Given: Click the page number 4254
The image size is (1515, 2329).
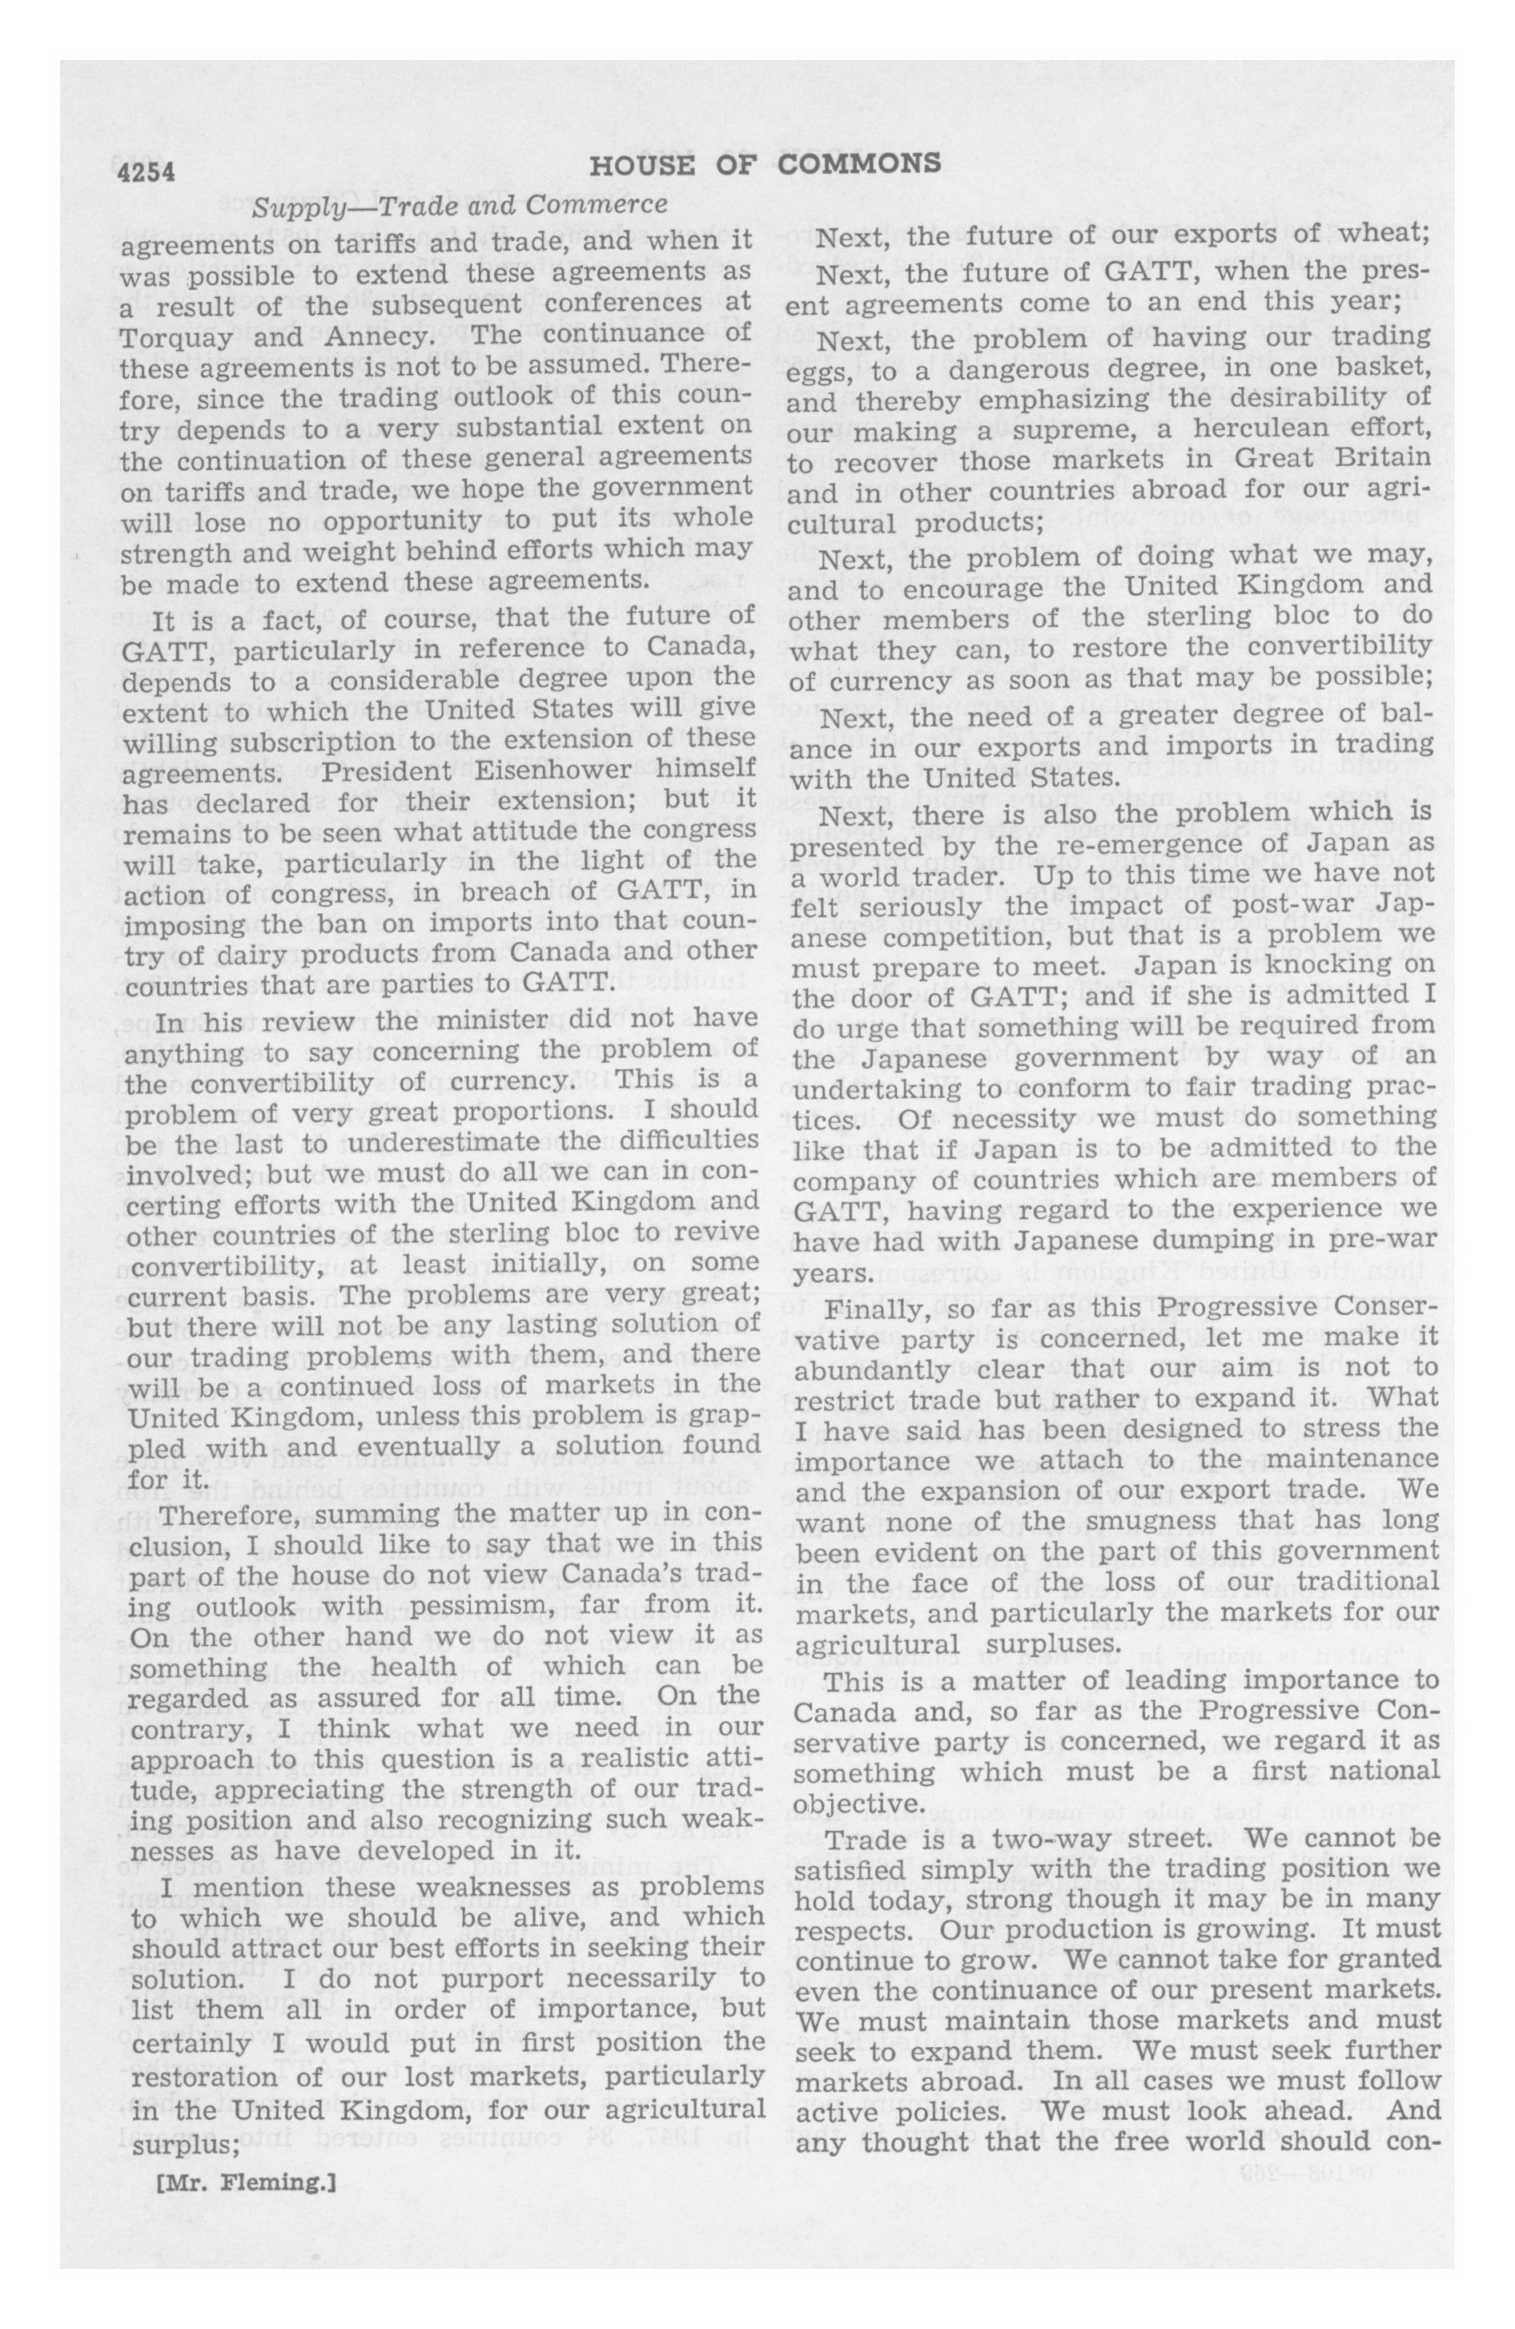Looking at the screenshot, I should [x=147, y=173].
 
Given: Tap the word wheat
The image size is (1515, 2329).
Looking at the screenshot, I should [x=1387, y=235].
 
